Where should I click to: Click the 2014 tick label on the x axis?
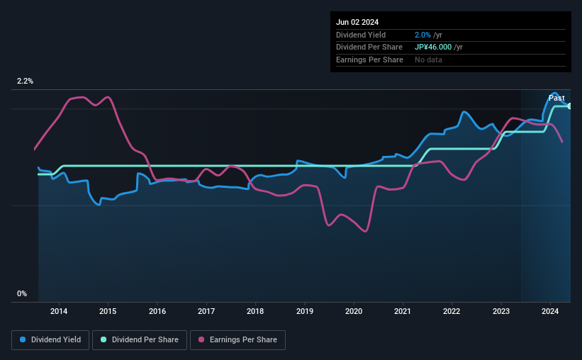pos(59,311)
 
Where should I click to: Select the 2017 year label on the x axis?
pos(206,311)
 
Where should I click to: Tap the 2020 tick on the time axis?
pos(354,311)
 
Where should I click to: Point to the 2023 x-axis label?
pos(501,311)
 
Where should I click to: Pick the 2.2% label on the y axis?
pos(26,81)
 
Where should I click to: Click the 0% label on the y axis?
pos(22,293)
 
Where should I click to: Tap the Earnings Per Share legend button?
pos(238,340)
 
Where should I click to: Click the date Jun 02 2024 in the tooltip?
pos(357,22)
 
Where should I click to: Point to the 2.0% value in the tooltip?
pos(422,35)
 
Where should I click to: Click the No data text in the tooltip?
pos(429,60)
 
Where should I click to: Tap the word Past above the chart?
pos(556,98)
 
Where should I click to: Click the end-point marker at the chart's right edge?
pos(569,106)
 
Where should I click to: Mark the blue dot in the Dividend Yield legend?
pos(23,340)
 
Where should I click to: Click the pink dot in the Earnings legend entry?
pos(201,340)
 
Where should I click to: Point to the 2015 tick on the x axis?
pos(108,311)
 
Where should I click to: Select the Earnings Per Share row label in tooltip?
pos(369,60)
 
